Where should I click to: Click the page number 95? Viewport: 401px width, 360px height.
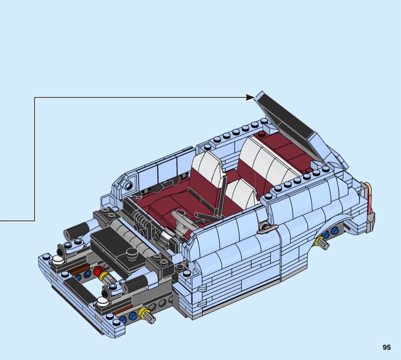[x=386, y=347]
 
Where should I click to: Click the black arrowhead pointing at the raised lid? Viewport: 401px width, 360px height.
[x=251, y=97]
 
